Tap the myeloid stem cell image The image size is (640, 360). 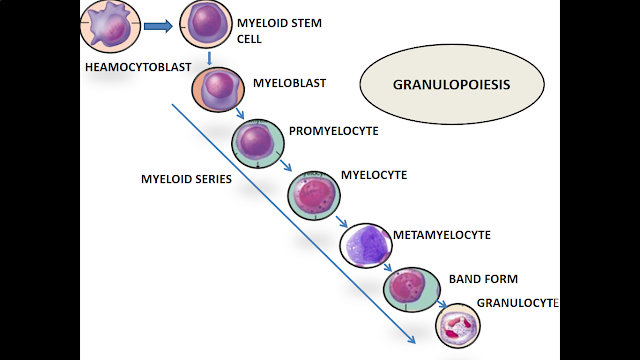[x=207, y=27]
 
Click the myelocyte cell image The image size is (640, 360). [x=313, y=192]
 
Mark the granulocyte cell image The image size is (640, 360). [x=461, y=325]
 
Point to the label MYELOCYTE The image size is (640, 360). [x=374, y=174]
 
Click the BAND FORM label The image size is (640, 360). [x=482, y=279]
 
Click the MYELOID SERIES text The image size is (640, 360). [x=186, y=179]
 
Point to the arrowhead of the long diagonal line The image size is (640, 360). [x=411, y=342]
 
